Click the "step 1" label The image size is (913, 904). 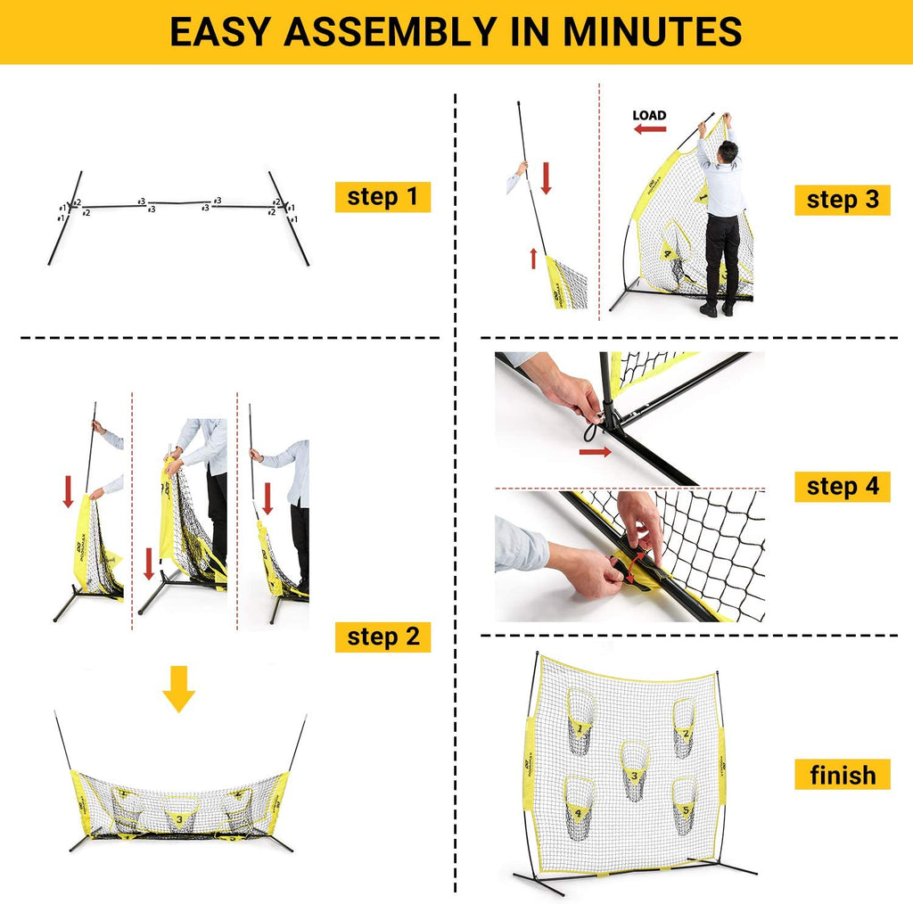(382, 197)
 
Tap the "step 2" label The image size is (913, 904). (382, 637)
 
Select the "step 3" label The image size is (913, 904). (843, 200)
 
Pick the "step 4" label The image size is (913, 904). (843, 487)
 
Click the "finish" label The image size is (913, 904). (843, 775)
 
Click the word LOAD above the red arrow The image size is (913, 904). (649, 115)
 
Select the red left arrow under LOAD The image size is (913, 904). (650, 129)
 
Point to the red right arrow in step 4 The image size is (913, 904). (595, 453)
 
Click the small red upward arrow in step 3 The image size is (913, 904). (533, 259)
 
